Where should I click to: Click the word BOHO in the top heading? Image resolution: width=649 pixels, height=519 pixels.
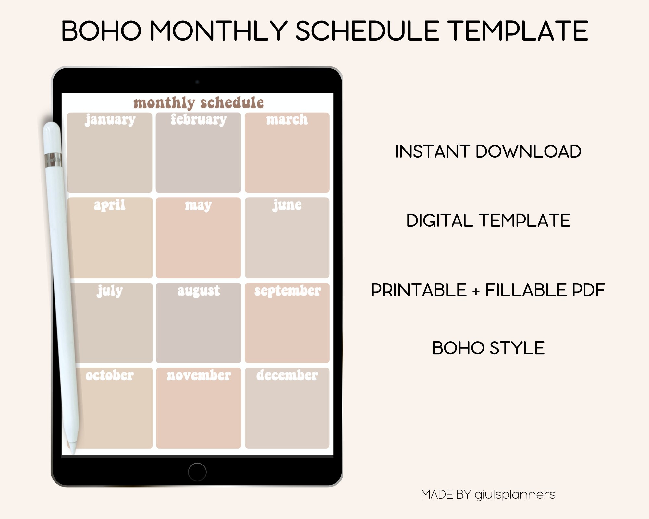click(101, 31)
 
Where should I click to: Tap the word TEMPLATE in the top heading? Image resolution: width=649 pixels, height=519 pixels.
click(519, 31)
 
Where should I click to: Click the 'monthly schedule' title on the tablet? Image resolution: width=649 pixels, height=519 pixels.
click(199, 103)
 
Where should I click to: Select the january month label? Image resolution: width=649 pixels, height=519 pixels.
click(110, 120)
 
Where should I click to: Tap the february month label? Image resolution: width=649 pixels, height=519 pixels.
click(199, 120)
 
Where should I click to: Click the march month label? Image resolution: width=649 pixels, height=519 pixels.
click(287, 120)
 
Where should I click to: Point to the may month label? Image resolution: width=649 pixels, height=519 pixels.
click(198, 205)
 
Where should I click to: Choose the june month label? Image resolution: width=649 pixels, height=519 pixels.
click(287, 205)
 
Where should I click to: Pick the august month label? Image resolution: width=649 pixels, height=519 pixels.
click(199, 291)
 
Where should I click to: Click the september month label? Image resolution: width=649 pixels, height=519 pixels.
click(288, 291)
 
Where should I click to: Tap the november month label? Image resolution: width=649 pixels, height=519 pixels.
click(199, 376)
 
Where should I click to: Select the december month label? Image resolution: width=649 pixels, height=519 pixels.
click(287, 376)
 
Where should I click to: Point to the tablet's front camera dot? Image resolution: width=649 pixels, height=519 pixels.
click(197, 82)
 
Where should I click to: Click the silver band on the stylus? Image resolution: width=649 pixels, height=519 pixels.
click(53, 160)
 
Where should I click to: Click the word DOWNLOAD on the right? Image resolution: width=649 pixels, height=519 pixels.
click(528, 151)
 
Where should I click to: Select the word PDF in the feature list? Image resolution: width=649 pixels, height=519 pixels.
click(588, 290)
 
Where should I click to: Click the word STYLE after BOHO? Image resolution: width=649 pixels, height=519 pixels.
click(517, 348)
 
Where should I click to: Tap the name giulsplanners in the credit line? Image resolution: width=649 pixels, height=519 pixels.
click(515, 495)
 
